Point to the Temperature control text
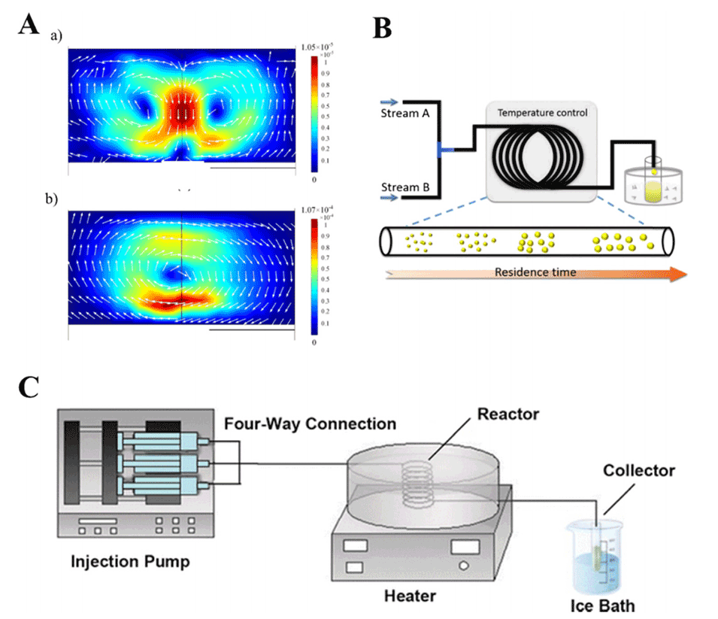coord(543,112)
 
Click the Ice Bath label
coord(607,604)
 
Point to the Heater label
coord(410,597)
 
